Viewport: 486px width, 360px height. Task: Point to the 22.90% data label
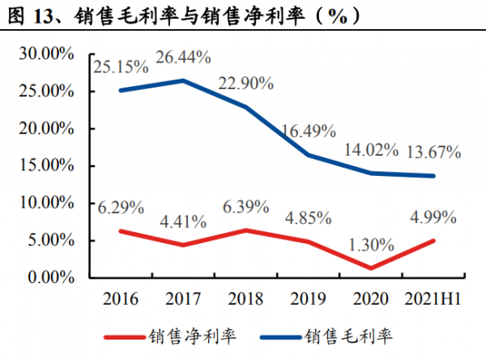tap(247, 83)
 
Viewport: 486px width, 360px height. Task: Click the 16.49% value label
tap(307, 129)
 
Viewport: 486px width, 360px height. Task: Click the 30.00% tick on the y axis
tap(47, 54)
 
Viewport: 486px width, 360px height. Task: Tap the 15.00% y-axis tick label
tap(47, 166)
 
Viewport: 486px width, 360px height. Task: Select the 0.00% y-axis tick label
tap(50, 277)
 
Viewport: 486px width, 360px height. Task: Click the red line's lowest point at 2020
tap(372, 268)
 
